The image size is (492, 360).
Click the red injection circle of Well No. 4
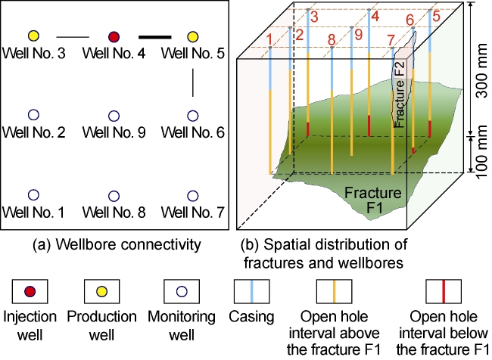click(x=114, y=36)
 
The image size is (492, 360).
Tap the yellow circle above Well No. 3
click(x=33, y=36)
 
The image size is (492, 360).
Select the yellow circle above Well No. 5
click(x=193, y=36)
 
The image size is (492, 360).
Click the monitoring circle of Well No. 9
click(x=114, y=116)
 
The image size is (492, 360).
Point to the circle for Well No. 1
click(x=33, y=195)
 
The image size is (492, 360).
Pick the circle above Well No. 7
click(x=193, y=195)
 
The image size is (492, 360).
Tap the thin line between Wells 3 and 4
click(x=73, y=36)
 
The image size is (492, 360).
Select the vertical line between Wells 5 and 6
click(x=193, y=82)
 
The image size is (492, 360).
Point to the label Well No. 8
click(x=114, y=213)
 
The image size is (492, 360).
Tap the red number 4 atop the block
click(x=374, y=15)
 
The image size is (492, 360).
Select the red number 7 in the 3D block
click(x=390, y=40)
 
